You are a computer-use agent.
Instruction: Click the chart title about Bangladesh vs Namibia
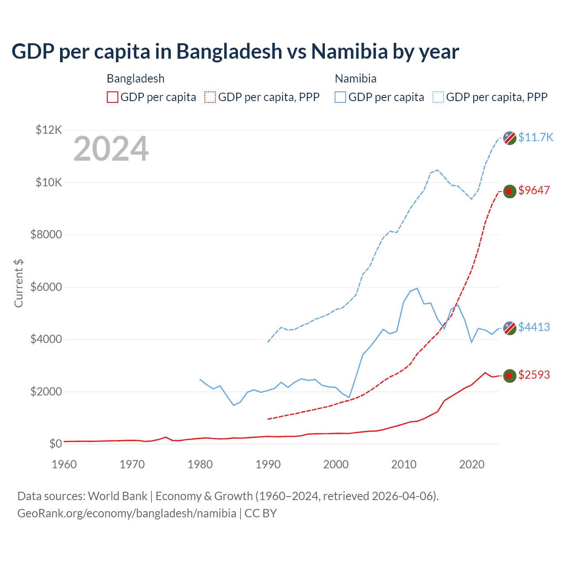tap(235, 52)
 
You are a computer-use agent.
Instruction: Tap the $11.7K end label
tap(535, 137)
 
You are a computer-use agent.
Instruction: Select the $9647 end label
tap(534, 190)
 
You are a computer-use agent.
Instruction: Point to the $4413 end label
tap(534, 327)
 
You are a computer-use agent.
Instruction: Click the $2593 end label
tap(534, 375)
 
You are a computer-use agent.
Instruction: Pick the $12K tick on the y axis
tap(49, 130)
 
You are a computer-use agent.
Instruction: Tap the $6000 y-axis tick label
tap(46, 287)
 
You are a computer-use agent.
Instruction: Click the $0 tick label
tap(55, 444)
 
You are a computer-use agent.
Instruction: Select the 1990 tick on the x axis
tap(268, 464)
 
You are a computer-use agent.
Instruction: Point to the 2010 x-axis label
tap(404, 464)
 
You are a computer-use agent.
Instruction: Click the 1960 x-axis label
tap(64, 464)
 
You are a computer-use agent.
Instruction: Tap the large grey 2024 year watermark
tap(111, 149)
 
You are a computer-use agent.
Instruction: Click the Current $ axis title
tap(19, 283)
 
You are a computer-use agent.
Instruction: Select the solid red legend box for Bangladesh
tap(113, 97)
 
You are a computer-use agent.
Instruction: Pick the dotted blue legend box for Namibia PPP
tap(438, 97)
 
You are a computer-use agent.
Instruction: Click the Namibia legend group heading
tap(355, 79)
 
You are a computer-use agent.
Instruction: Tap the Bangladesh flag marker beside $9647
tap(510, 191)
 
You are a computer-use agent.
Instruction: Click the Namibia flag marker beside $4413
tap(510, 328)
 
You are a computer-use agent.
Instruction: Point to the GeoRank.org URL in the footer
tap(127, 513)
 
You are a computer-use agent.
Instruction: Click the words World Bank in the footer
tap(117, 496)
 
